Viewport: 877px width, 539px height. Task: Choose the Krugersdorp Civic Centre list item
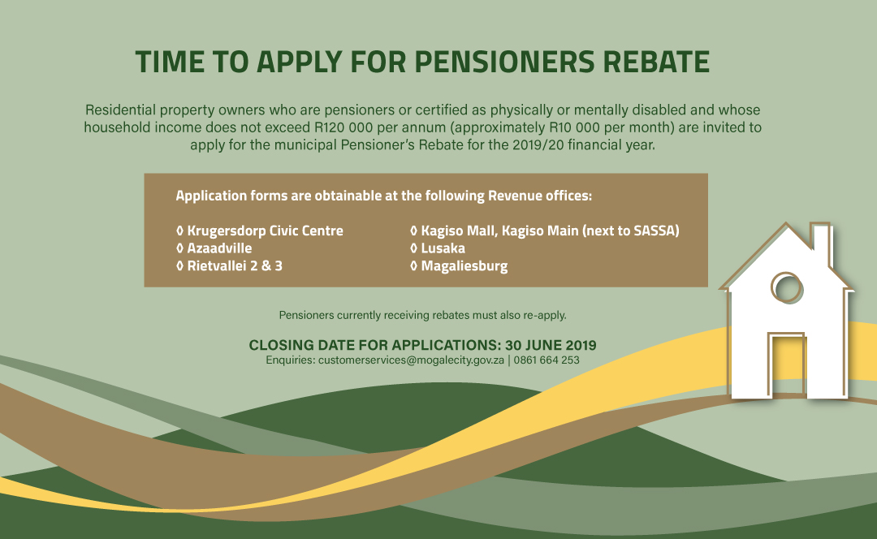click(265, 231)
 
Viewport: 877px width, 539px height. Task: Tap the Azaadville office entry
click(219, 248)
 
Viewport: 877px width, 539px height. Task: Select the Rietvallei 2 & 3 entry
click(235, 266)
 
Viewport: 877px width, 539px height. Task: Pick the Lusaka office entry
click(443, 248)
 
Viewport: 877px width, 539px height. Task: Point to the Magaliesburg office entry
click(464, 266)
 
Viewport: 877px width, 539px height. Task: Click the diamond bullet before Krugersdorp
click(180, 231)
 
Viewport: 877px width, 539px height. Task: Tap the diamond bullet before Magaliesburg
click(414, 266)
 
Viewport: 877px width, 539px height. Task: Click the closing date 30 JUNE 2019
click(551, 345)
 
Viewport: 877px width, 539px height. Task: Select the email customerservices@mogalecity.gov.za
click(411, 360)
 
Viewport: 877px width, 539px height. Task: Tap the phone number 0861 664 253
click(547, 360)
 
